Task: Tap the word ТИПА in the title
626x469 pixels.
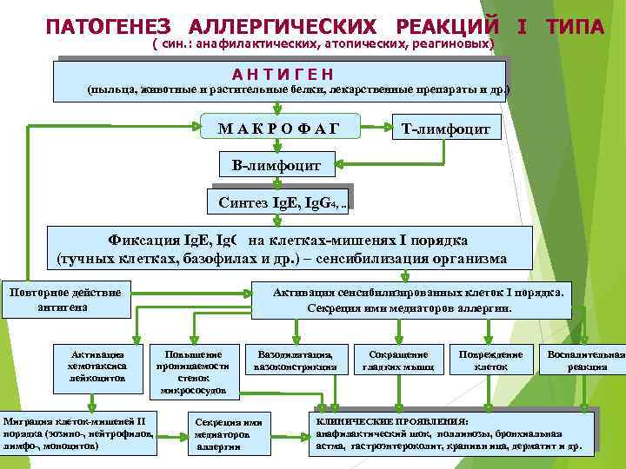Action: click(576, 27)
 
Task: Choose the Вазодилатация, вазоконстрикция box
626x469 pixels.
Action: click(296, 360)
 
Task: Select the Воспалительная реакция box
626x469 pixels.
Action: click(583, 360)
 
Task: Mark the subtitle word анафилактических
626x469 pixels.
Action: click(249, 43)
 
